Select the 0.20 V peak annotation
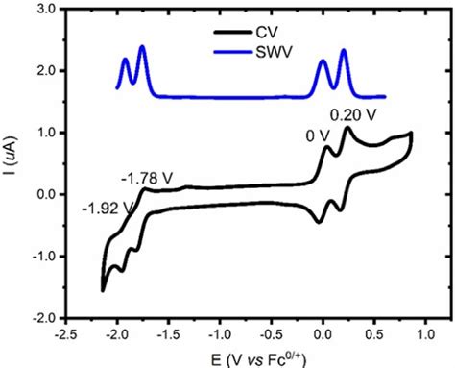(x=352, y=115)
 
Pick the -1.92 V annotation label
(x=106, y=208)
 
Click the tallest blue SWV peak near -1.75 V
(x=143, y=46)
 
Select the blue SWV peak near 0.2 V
(x=344, y=49)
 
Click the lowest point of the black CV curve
(x=103, y=289)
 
